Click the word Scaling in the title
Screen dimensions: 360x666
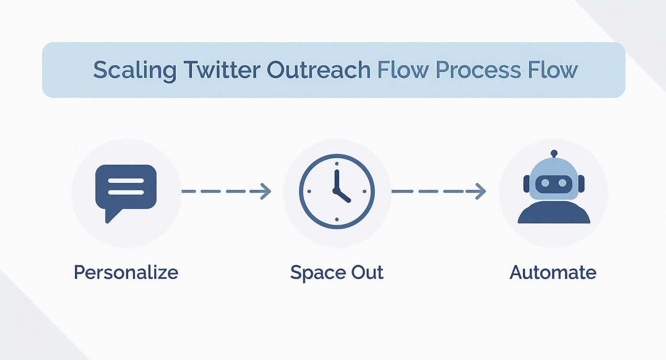(x=134, y=70)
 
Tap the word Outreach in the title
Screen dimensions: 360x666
(x=318, y=70)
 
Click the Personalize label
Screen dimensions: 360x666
(x=126, y=272)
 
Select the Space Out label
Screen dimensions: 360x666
(x=337, y=272)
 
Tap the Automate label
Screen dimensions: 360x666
(x=553, y=272)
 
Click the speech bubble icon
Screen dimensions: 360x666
(x=126, y=190)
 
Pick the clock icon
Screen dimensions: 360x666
(x=337, y=191)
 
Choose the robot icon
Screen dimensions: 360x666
(x=554, y=189)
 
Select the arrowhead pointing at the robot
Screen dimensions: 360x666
(x=481, y=191)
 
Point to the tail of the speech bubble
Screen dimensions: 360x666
(x=110, y=216)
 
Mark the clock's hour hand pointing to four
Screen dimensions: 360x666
(x=344, y=196)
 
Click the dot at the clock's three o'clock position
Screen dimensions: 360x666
(x=365, y=191)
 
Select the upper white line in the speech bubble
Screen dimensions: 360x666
(x=126, y=181)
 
